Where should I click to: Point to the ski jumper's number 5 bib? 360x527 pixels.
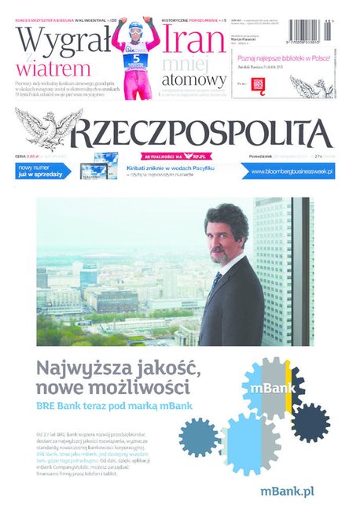click(x=136, y=57)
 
